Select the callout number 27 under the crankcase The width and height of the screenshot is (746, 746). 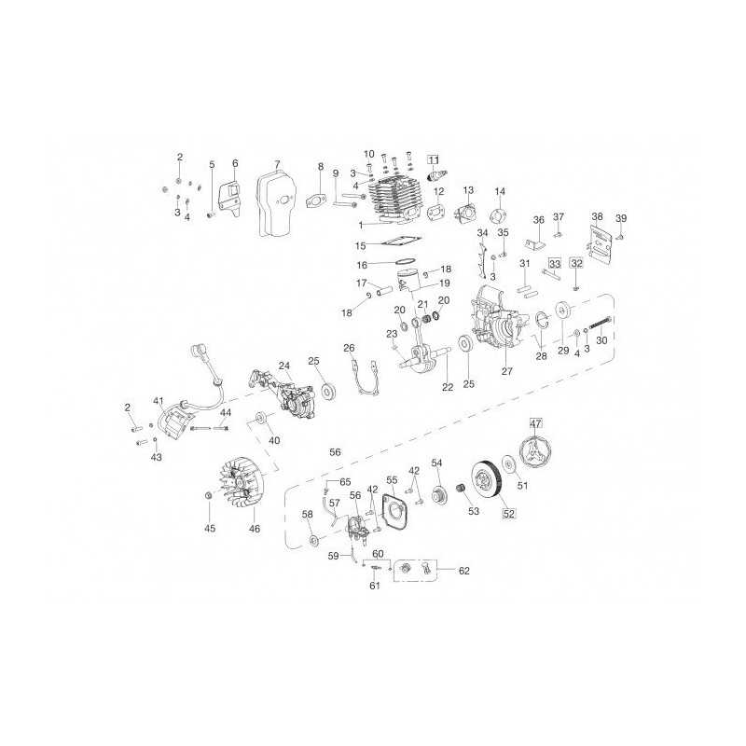pyautogui.click(x=507, y=371)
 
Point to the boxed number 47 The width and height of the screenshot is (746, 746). pyautogui.click(x=536, y=423)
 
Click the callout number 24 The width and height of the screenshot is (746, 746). pyautogui.click(x=284, y=365)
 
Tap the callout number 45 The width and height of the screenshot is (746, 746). pyautogui.click(x=210, y=529)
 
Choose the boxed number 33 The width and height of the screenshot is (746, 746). pyautogui.click(x=554, y=264)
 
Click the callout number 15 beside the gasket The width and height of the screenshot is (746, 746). pyautogui.click(x=360, y=246)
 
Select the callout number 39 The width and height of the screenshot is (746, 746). pyautogui.click(x=621, y=218)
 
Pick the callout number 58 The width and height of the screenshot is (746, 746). pyautogui.click(x=307, y=514)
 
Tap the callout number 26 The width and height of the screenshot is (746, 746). pyautogui.click(x=349, y=349)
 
